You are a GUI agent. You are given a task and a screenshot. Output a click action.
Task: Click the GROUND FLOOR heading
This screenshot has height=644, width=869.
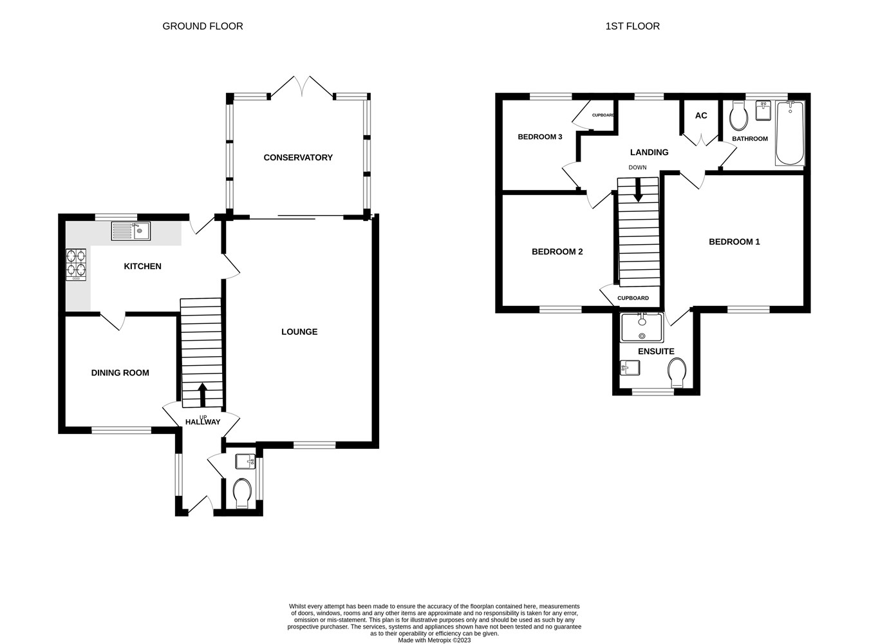point(202,26)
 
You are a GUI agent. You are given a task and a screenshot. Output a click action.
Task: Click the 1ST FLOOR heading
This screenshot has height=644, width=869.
point(632,26)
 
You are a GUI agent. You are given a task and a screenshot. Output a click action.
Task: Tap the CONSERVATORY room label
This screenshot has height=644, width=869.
point(298,157)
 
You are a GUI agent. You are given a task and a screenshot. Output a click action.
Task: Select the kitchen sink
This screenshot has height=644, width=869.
point(131,231)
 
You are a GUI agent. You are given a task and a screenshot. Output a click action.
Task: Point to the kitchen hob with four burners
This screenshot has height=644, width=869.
point(76,264)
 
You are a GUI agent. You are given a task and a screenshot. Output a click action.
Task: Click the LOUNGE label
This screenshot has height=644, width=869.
point(299,332)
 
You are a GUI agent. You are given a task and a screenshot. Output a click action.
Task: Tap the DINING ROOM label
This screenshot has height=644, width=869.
point(120,372)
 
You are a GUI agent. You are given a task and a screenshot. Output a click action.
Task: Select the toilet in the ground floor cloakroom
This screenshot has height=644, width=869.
point(242,493)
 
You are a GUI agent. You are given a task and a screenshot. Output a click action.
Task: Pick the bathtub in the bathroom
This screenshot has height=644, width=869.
point(789,134)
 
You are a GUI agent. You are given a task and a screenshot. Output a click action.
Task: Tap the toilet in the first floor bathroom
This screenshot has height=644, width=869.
point(738,117)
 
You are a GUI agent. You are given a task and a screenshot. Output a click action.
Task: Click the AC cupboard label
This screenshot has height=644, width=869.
point(701,115)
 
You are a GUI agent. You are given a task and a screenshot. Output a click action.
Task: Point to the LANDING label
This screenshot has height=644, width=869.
point(649,152)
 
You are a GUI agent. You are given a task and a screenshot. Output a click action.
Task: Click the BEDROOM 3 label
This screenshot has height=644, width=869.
point(540,137)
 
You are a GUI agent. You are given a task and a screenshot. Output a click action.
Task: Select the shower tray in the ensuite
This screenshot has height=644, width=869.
point(641,328)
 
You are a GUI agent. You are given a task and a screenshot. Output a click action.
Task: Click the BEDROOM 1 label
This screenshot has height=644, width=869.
point(734,241)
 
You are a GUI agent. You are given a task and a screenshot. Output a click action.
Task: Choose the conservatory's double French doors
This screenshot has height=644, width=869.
point(301,88)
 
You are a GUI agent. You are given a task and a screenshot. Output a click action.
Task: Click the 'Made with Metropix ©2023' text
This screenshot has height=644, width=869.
point(434,640)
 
